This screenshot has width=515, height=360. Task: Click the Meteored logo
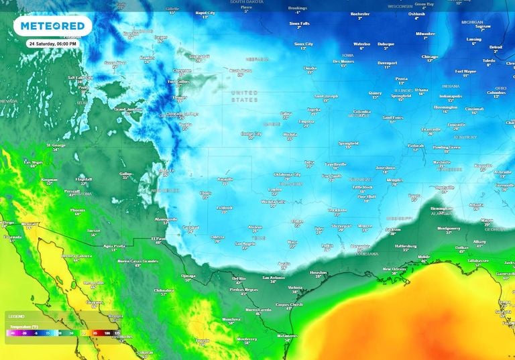[x=53, y=26]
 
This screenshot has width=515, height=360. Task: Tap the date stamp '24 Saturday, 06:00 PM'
[x=53, y=43]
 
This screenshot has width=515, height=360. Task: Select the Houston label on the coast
[x=319, y=272]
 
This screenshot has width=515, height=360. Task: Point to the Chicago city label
[x=430, y=57]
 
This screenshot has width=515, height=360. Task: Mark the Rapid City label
[x=205, y=12]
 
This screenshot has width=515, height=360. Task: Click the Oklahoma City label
[x=287, y=174]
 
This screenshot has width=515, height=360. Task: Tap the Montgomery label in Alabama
[x=449, y=228]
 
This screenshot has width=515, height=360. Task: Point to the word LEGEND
[x=17, y=316]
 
